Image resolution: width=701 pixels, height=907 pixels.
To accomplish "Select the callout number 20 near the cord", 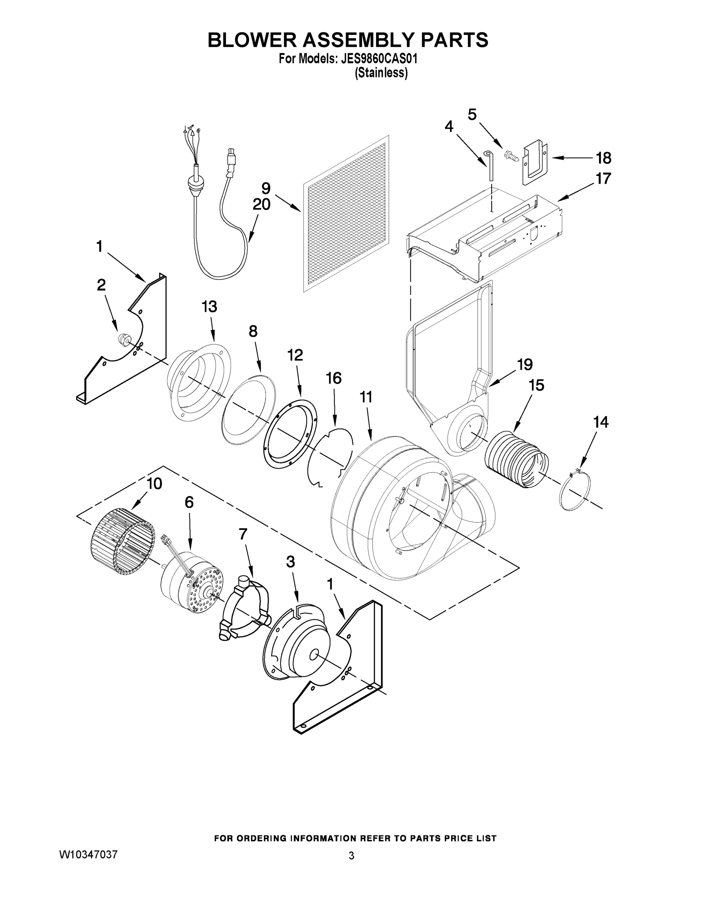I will tap(262, 204).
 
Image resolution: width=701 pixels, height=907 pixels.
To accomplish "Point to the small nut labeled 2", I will tap(122, 339).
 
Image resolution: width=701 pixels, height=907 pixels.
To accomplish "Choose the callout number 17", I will tap(604, 179).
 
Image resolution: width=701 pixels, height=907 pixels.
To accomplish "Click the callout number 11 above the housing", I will tap(366, 398).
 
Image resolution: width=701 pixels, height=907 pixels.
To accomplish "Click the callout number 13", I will tap(209, 307).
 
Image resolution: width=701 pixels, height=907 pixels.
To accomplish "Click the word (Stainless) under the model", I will tap(381, 73).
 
